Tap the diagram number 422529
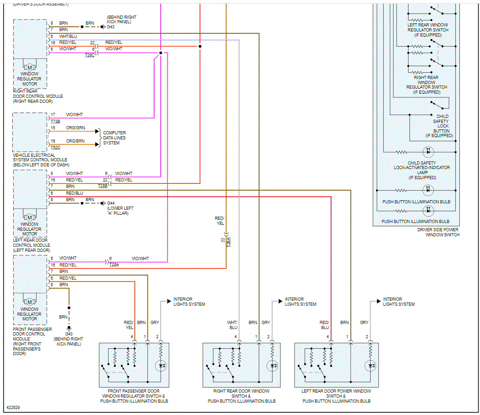pos(13,406)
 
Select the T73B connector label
pos(55,121)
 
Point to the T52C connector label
pos(55,148)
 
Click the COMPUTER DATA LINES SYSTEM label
pos(114,138)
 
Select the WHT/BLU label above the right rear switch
pos(233,325)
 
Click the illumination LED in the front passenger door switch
pos(161,366)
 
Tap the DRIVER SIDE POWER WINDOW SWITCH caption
pos(438,232)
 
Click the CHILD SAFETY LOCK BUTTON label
pos(442,126)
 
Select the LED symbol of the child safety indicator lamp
pos(428,151)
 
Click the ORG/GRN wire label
pos(76,128)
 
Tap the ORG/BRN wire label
pos(76,141)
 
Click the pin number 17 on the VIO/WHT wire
pos(53,115)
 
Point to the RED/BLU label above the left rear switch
pos(324,325)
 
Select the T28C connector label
pos(90,55)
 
